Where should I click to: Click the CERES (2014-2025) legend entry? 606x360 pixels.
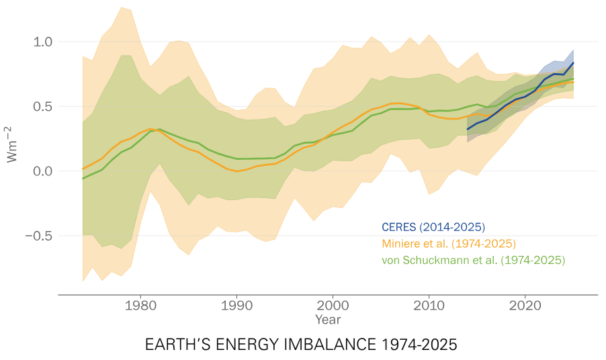click(x=433, y=227)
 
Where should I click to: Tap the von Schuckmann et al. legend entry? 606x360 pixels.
click(x=472, y=259)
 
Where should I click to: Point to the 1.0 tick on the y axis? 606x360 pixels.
click(x=39, y=42)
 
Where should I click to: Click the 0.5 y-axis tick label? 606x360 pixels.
click(x=39, y=106)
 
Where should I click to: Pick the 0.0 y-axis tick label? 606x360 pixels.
click(x=39, y=171)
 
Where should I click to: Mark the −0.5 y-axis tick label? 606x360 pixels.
click(x=36, y=236)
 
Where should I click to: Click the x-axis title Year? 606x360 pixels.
click(x=328, y=320)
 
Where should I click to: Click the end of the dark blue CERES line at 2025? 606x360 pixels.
click(x=573, y=62)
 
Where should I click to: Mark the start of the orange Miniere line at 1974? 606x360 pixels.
click(x=83, y=169)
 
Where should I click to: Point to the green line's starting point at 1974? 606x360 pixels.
click(x=83, y=179)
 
